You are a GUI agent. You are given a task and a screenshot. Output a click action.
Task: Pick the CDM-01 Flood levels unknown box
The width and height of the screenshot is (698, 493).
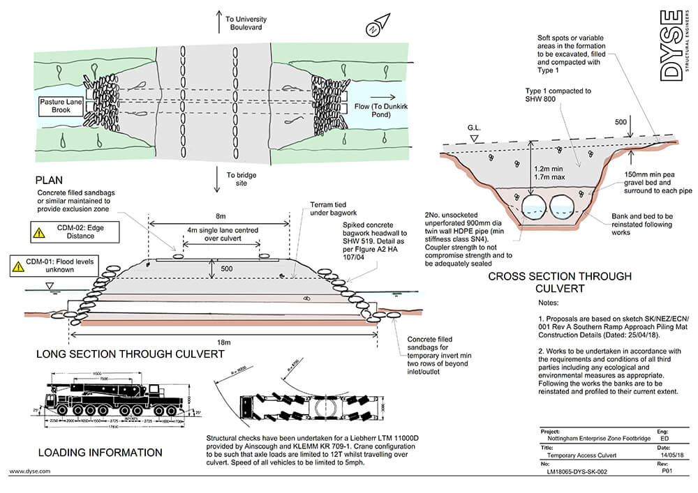point(53,266)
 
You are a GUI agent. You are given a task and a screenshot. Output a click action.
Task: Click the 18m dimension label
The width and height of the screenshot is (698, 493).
point(222,342)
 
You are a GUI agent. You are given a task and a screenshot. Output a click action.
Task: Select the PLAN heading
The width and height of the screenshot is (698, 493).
point(52,179)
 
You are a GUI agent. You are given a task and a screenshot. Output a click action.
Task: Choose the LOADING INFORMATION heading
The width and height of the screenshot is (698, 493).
point(101,453)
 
